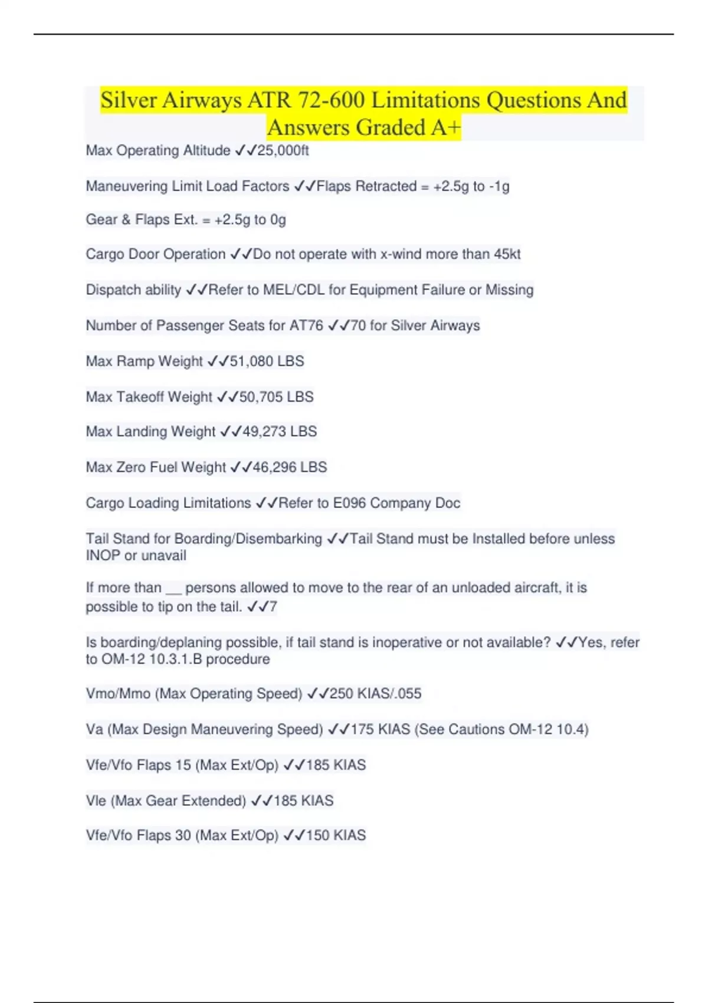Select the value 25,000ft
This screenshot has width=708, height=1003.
(x=283, y=151)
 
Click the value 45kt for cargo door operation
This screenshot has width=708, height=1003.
(x=507, y=254)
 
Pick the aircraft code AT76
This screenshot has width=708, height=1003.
(x=306, y=326)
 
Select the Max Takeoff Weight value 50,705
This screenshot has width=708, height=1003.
(x=261, y=397)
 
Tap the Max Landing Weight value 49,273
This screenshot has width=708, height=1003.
(x=264, y=432)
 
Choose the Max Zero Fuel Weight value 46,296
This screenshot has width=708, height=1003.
(x=274, y=467)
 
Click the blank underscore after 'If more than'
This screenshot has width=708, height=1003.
(x=173, y=589)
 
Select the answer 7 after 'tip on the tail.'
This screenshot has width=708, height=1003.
(x=273, y=607)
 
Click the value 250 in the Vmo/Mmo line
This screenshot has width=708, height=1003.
(x=341, y=694)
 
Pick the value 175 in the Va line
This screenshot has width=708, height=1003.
(x=362, y=730)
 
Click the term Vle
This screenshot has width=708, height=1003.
(x=96, y=801)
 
